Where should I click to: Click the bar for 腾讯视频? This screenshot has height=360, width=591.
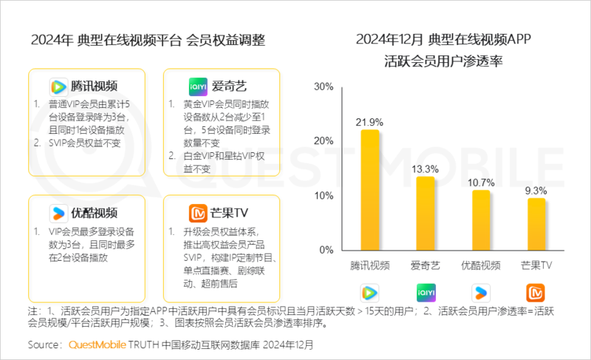tap(370, 190)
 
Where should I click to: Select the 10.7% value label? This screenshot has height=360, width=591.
tap(481, 182)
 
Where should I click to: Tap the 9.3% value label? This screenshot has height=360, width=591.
tap(536, 190)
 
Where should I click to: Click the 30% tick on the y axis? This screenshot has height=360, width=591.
tap(324, 87)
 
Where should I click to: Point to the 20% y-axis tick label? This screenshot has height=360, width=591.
tap(324, 141)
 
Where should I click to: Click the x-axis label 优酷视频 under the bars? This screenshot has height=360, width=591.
tap(481, 265)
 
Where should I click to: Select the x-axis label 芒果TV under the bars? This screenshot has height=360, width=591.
tap(536, 265)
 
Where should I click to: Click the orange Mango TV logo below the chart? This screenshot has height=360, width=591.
tap(536, 291)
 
